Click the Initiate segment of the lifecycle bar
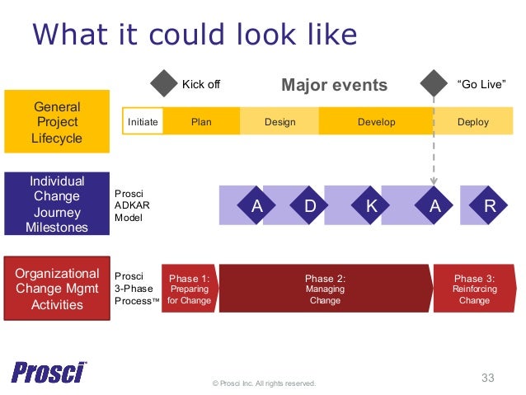point(142,122)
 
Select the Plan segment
point(201,122)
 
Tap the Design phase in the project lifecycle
point(279,122)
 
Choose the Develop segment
point(376,122)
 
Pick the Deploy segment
point(472,122)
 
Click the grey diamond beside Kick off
point(166,83)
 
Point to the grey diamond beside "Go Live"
point(434,83)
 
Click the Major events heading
point(334,85)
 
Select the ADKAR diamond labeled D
point(310,206)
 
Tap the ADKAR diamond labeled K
point(372,206)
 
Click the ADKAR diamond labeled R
point(491,206)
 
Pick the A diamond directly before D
point(256,206)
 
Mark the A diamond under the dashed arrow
point(434,206)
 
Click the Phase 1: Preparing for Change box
point(189,289)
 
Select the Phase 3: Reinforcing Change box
point(474,289)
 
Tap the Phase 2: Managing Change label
point(325,289)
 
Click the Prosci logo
point(49,372)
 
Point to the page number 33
point(487,378)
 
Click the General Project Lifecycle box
point(57,122)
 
